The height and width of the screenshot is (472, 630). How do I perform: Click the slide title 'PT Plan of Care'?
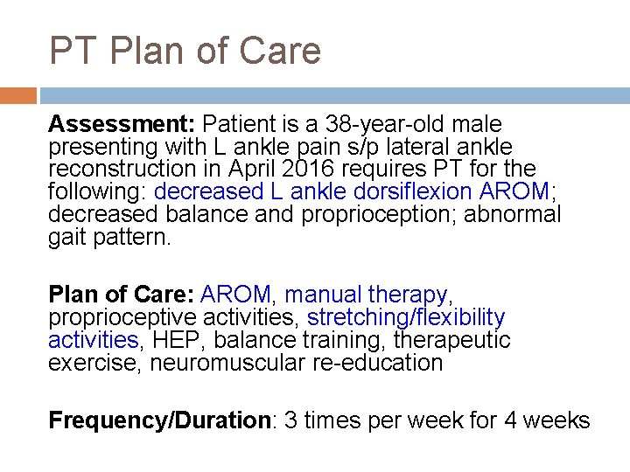point(185,51)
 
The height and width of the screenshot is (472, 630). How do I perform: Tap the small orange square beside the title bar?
point(17,95)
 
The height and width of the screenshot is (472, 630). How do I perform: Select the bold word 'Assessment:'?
point(123,125)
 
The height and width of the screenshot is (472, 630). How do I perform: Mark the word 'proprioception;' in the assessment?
point(377,214)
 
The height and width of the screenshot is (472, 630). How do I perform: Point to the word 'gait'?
point(67,237)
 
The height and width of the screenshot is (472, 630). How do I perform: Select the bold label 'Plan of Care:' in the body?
point(122,295)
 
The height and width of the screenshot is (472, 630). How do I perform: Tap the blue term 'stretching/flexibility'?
point(406,317)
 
